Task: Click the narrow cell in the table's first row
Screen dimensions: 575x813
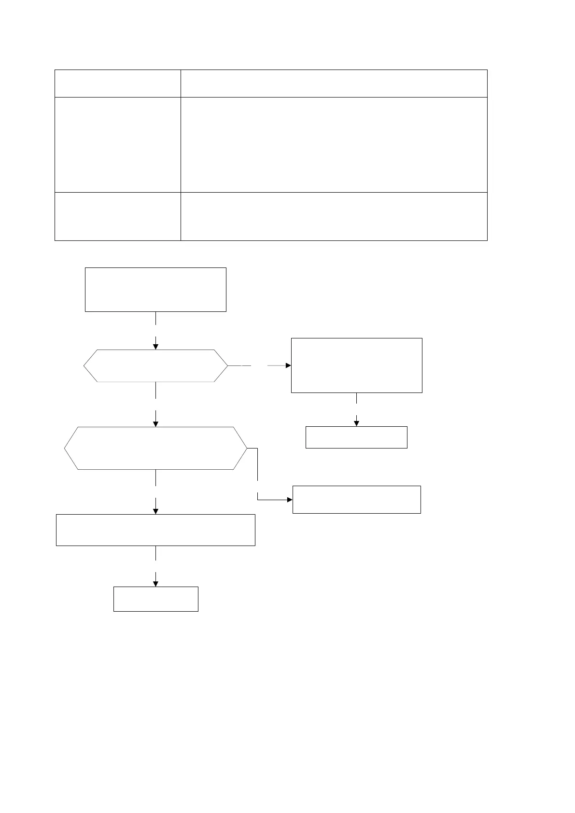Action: (x=117, y=84)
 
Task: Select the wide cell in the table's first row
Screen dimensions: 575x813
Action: (x=334, y=84)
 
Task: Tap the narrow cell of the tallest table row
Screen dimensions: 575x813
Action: (x=117, y=145)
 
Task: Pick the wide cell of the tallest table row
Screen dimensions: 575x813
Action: (x=334, y=145)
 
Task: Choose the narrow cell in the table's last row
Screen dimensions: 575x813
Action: (x=117, y=216)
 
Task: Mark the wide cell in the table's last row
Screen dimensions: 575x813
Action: (x=334, y=216)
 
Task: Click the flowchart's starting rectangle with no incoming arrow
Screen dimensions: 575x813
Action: (x=155, y=290)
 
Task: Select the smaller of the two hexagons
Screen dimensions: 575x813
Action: (x=155, y=366)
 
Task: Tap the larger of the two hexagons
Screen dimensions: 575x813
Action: (x=155, y=448)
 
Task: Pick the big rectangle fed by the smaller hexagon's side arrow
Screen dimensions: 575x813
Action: (x=356, y=365)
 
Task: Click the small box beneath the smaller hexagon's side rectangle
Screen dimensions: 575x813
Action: (x=356, y=437)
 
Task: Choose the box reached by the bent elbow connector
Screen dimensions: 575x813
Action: (x=356, y=499)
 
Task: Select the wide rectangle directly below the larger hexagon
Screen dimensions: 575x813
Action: (x=155, y=530)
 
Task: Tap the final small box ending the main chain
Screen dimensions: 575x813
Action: (x=155, y=599)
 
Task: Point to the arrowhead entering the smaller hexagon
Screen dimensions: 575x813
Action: (x=155, y=346)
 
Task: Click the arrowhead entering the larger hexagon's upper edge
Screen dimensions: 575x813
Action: (x=155, y=424)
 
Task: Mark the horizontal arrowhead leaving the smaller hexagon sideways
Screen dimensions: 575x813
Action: (x=288, y=366)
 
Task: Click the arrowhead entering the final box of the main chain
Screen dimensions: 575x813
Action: (x=155, y=584)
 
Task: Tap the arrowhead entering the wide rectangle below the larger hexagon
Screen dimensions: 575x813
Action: (x=155, y=511)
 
